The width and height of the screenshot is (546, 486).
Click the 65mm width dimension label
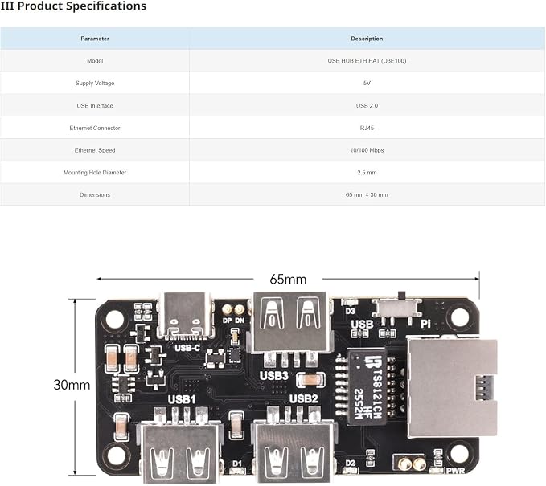[x=288, y=279]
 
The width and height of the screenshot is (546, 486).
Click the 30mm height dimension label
[x=72, y=385]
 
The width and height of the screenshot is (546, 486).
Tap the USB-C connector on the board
[x=186, y=315]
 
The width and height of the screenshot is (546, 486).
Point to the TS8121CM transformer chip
[x=367, y=386]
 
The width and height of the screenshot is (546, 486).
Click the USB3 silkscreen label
[x=274, y=376]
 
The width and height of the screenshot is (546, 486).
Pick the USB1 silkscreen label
[x=182, y=399]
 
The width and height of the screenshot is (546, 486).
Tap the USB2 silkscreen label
[x=304, y=398]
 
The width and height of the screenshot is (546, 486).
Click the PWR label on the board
[x=455, y=471]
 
